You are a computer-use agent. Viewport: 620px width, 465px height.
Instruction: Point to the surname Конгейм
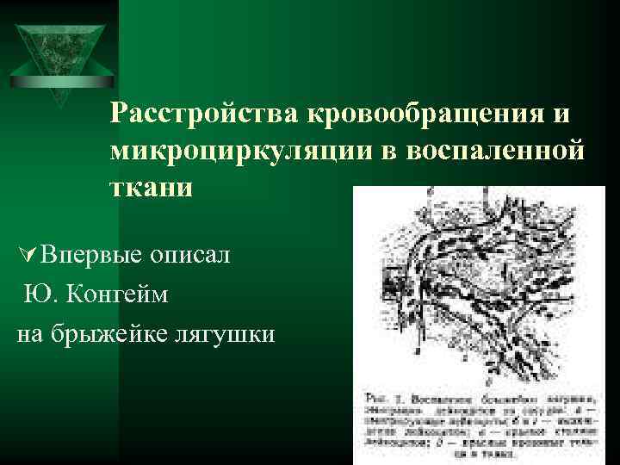pyautogui.click(x=118, y=294)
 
